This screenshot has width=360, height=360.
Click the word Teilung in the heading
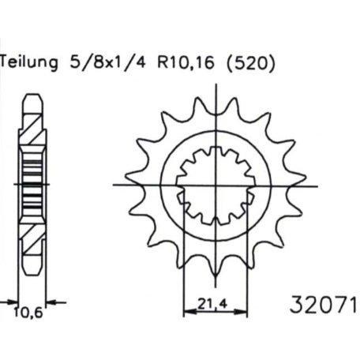(29, 63)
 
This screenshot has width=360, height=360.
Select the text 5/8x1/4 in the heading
(107, 62)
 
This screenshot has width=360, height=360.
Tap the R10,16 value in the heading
(186, 63)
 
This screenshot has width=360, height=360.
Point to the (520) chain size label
(251, 63)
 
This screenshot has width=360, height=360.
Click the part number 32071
(324, 305)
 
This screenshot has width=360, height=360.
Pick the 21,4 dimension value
(212, 304)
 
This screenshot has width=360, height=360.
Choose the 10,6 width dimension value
(28, 313)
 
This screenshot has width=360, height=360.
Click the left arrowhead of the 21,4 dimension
(189, 312)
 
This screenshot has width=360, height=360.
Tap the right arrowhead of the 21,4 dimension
(241, 312)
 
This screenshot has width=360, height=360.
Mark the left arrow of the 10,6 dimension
(9, 302)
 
